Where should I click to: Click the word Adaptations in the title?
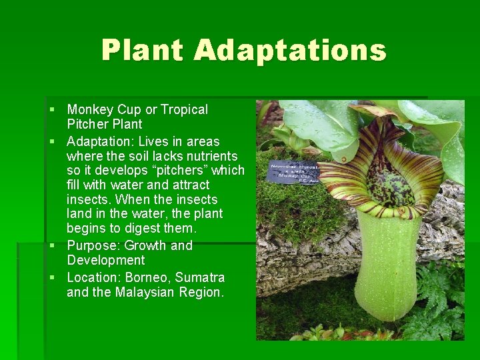click(291, 51)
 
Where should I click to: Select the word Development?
click(105, 260)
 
